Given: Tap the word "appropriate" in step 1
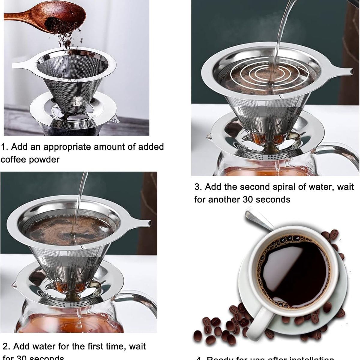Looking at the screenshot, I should click(x=71, y=147).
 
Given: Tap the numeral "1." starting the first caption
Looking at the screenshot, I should click(x=4, y=147).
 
